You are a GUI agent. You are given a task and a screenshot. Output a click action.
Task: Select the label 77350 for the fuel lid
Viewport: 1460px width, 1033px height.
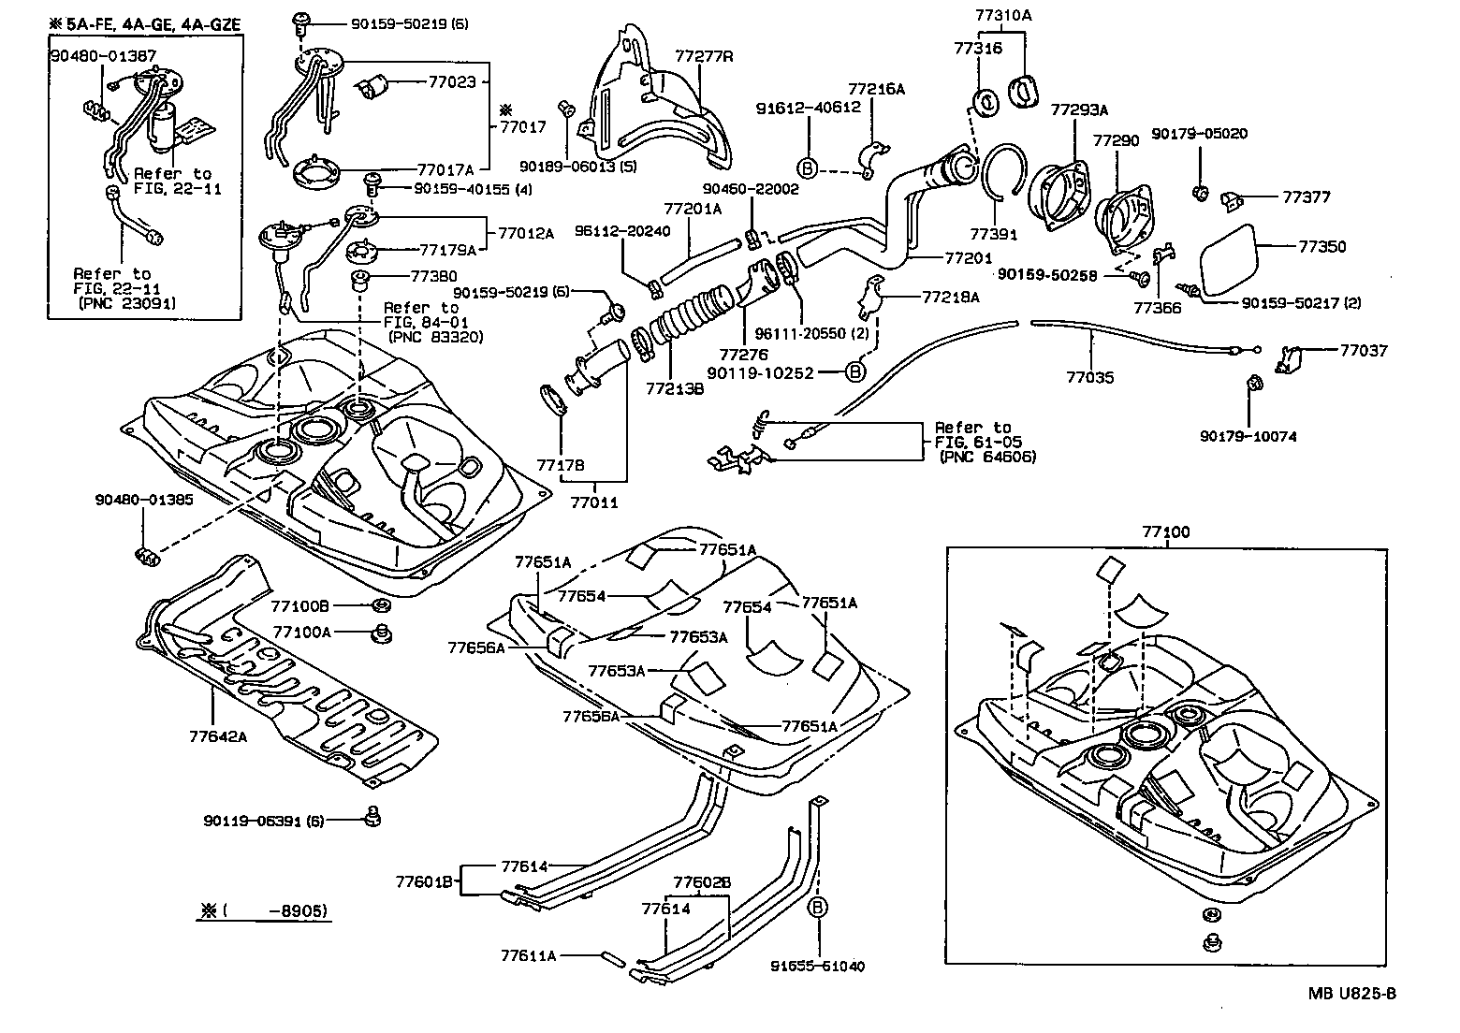[1321, 247]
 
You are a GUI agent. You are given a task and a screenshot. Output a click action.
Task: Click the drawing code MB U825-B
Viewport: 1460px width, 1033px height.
[1351, 994]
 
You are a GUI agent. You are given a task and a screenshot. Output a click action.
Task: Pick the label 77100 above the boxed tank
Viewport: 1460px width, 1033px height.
[1165, 532]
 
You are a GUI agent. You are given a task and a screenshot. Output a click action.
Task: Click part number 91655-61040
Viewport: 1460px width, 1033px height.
[817, 966]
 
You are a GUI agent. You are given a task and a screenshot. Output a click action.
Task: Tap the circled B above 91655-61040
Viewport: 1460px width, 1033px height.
[817, 908]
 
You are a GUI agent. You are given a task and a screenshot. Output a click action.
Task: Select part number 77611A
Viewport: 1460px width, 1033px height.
[528, 955]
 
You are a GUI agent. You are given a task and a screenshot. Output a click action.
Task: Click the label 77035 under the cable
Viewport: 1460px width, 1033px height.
[1090, 378]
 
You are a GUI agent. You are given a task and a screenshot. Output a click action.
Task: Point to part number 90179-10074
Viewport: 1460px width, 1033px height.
[1248, 436]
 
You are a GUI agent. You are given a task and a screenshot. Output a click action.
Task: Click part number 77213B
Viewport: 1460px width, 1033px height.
[674, 386]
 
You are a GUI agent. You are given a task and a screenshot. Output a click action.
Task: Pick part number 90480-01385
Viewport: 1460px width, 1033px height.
[144, 500]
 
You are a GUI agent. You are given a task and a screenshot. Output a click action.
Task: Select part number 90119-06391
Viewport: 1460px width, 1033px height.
[263, 821]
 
